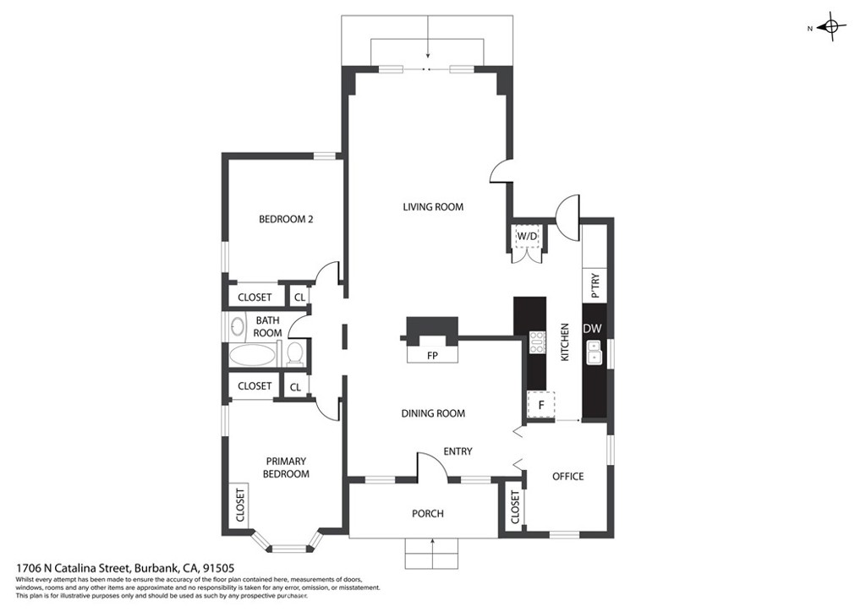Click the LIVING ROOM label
pyautogui.click(x=433, y=207)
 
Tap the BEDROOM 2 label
pyautogui.click(x=286, y=219)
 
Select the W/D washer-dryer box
pyautogui.click(x=527, y=236)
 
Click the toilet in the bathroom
pyautogui.click(x=295, y=353)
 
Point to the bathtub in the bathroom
pyautogui.click(x=252, y=355)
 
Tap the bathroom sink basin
pyautogui.click(x=238, y=326)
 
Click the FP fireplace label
pyautogui.click(x=432, y=356)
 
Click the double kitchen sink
pyautogui.click(x=594, y=352)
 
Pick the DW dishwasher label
pyautogui.click(x=592, y=329)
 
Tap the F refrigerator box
pyautogui.click(x=541, y=405)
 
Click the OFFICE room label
pyautogui.click(x=567, y=476)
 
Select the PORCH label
pyautogui.click(x=427, y=514)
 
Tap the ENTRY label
pyautogui.click(x=458, y=451)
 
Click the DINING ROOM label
pyautogui.click(x=433, y=413)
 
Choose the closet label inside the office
pyautogui.click(x=515, y=507)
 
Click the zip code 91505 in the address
pyautogui.click(x=219, y=568)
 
